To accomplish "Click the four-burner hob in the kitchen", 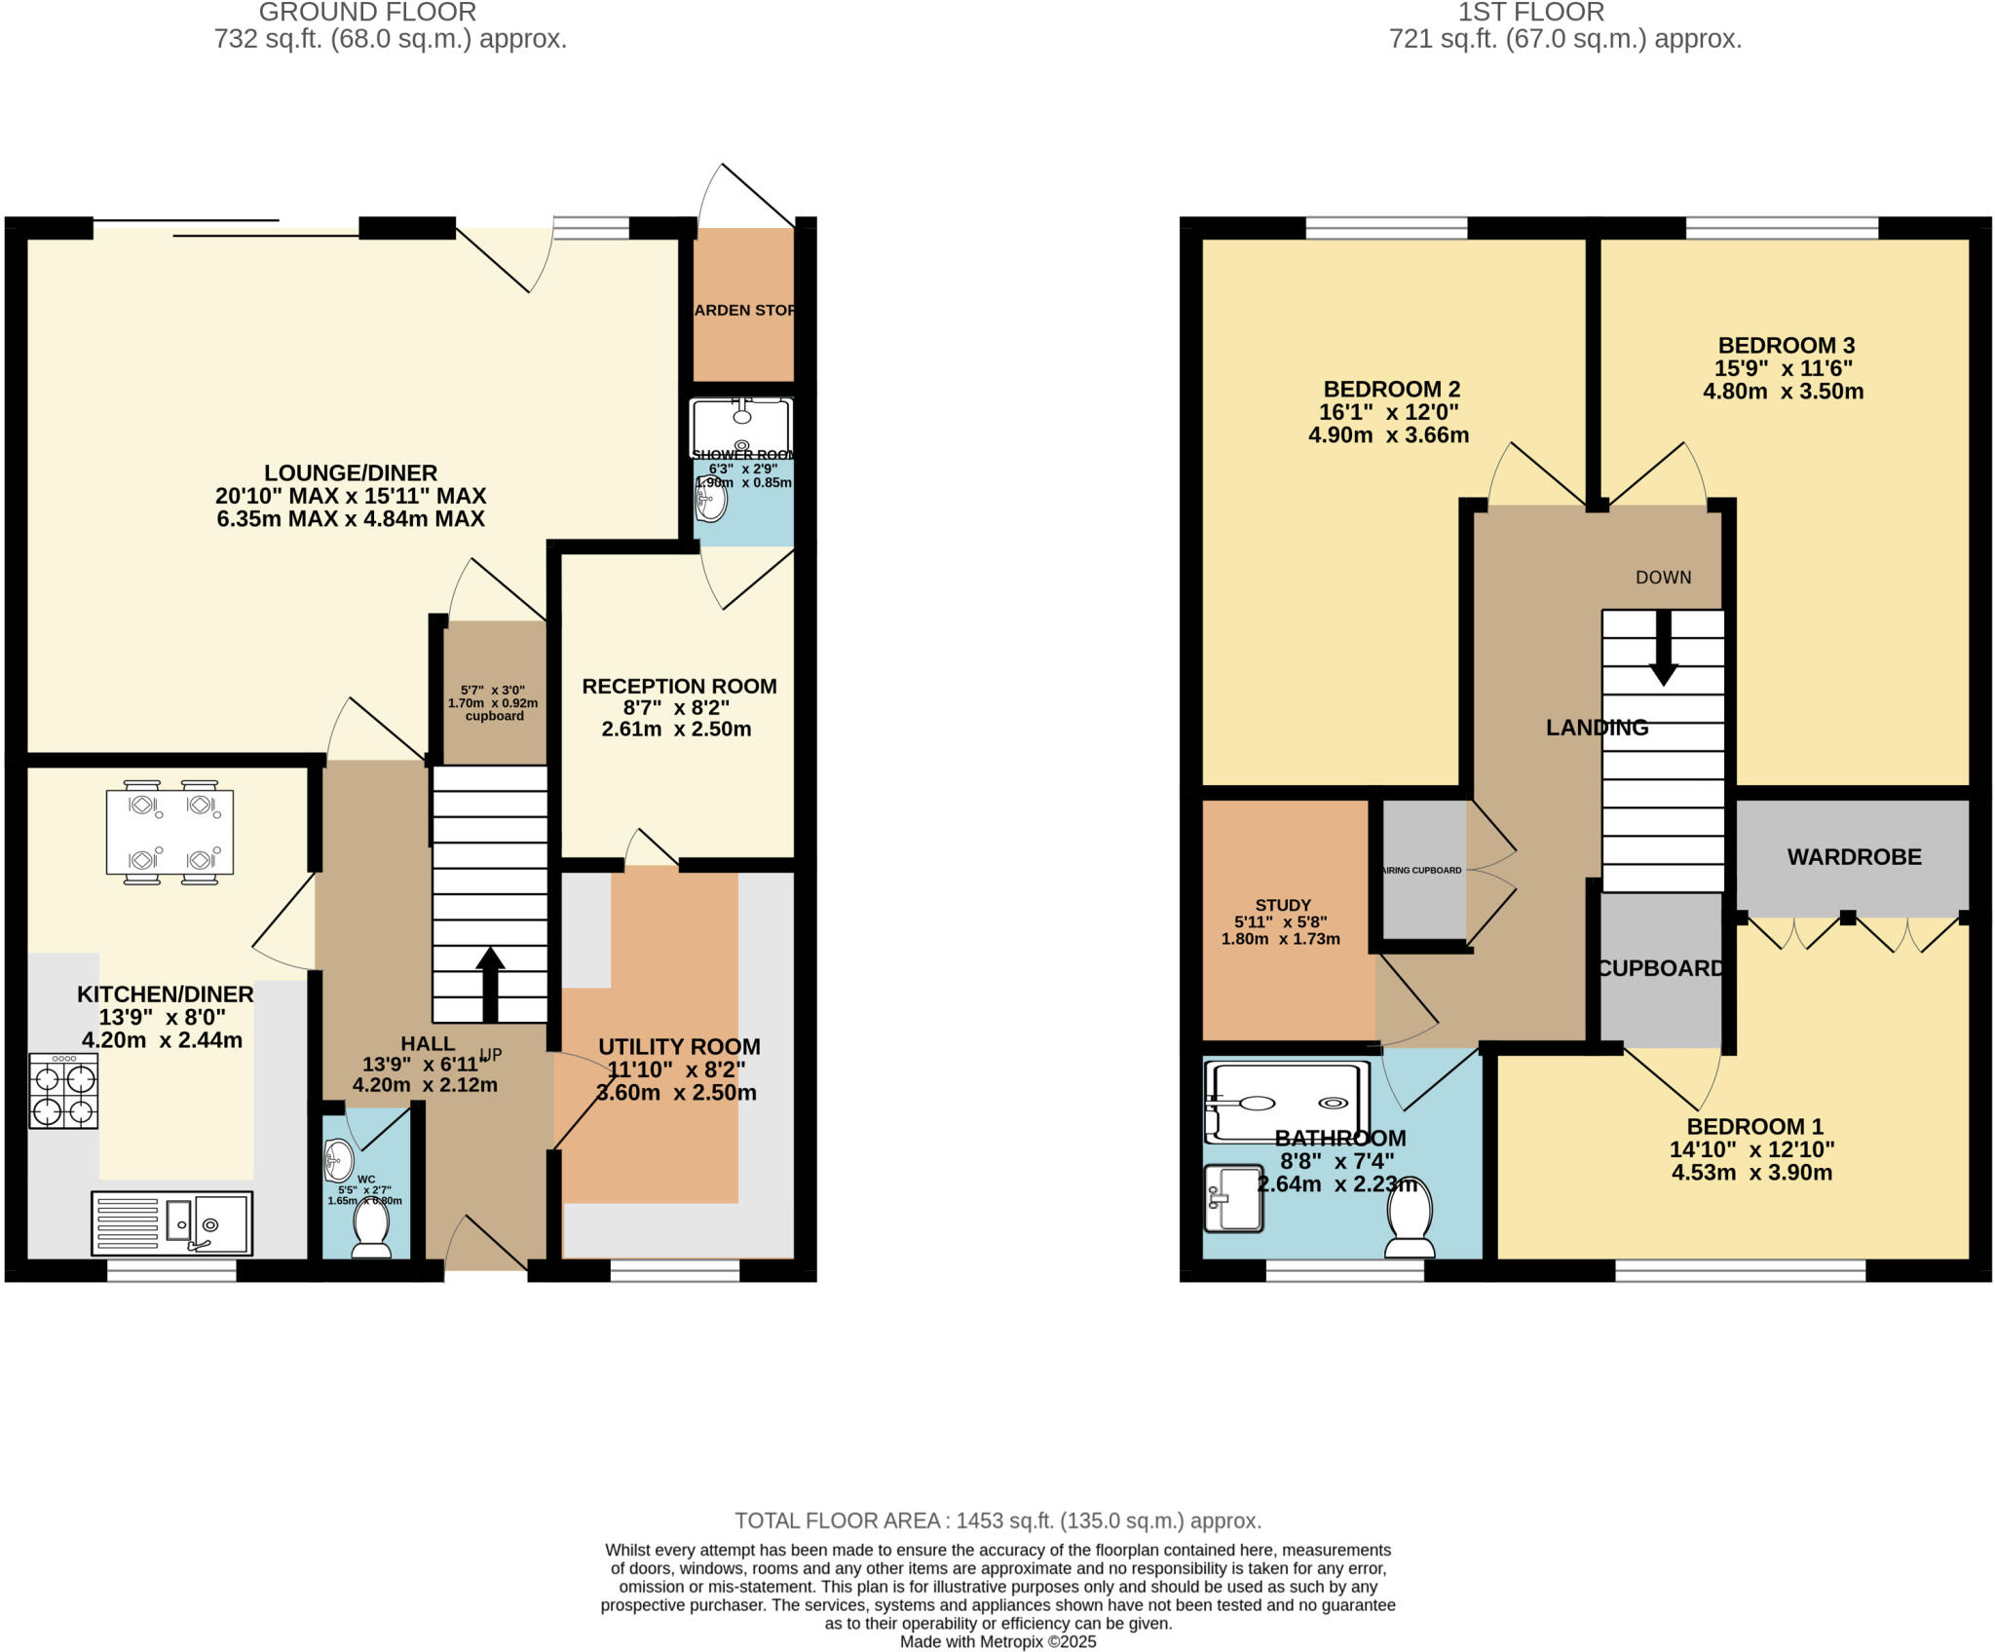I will click(63, 1092).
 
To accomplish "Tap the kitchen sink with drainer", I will click(172, 1223).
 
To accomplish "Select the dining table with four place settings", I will click(169, 832).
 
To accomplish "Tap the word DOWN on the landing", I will click(1663, 578).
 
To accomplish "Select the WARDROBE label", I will click(1854, 857).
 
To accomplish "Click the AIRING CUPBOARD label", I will click(1422, 870).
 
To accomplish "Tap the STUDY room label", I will click(1282, 905).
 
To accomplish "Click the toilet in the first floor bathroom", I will click(1410, 1219).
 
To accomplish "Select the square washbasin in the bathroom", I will click(1233, 1198).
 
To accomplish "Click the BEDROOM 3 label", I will click(1786, 346).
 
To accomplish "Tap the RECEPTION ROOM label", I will click(679, 687).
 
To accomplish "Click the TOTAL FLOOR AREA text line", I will click(997, 1521).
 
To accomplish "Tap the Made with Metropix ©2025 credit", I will click(997, 1642).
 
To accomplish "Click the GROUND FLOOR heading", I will click(367, 13).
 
